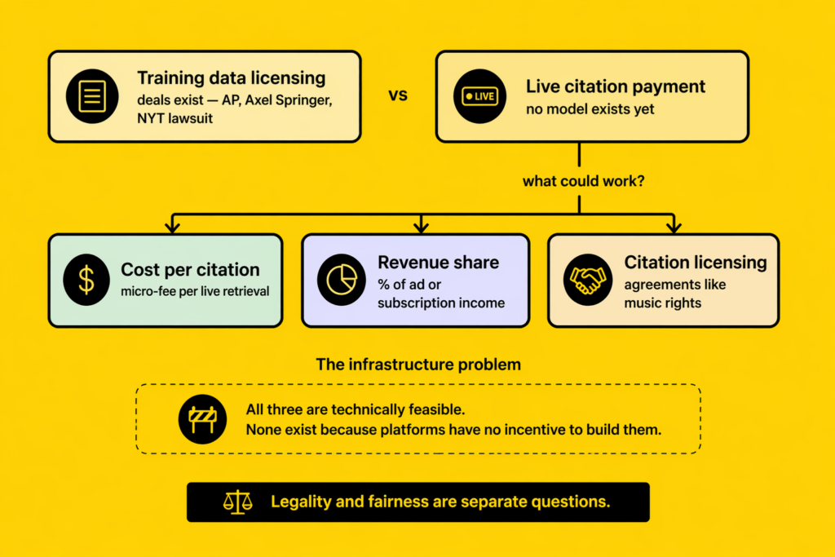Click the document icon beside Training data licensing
[92, 96]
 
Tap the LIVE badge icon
[479, 96]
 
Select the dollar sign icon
[86, 280]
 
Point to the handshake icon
[588, 280]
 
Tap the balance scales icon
[237, 502]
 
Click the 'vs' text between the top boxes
[397, 95]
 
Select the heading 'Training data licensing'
[231, 78]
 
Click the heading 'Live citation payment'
[616, 86]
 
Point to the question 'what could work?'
[584, 181]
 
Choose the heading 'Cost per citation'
[190, 269]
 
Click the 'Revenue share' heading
[438, 263]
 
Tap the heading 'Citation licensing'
[696, 263]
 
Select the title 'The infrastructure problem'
[417, 364]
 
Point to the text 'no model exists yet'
[590, 108]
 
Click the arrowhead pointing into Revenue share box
[421, 226]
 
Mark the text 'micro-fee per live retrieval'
[195, 291]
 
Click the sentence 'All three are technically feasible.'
[356, 409]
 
